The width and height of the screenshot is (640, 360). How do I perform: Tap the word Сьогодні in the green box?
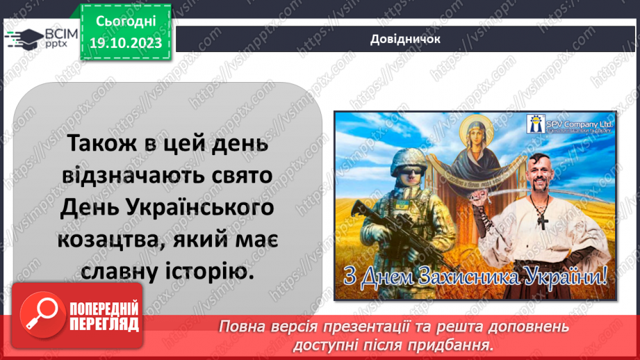126,22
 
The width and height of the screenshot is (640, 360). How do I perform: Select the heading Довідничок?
405,39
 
